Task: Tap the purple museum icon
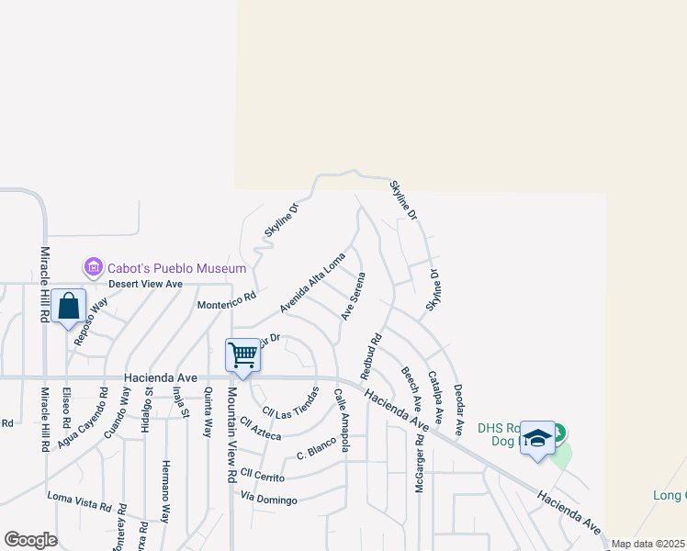point(93,268)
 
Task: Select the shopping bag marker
point(69,307)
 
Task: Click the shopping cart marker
point(242,354)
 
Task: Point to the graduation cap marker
point(537,439)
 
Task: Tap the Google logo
point(30,539)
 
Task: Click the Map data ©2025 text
point(648,544)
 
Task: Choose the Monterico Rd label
point(226,301)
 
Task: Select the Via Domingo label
point(269,499)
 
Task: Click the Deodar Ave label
point(458,404)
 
